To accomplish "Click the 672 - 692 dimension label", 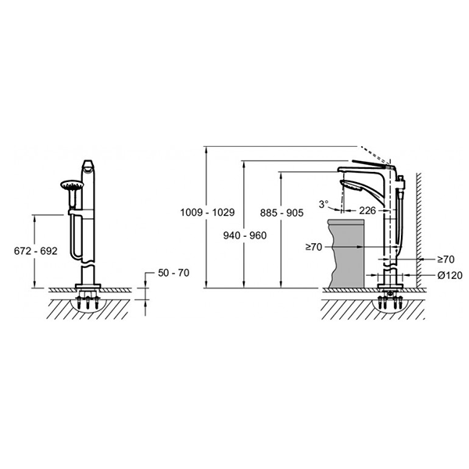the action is (x=36, y=251).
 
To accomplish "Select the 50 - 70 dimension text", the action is (x=174, y=273).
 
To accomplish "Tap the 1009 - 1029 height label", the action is (x=207, y=213).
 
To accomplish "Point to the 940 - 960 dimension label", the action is (x=245, y=236).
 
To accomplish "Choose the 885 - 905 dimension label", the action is (x=281, y=213).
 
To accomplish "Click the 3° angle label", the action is (x=324, y=204).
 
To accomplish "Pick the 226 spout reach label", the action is (x=367, y=210).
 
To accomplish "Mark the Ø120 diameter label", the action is (x=450, y=275).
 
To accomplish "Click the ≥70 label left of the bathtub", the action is (x=313, y=247).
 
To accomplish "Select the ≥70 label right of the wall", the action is (x=446, y=260).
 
